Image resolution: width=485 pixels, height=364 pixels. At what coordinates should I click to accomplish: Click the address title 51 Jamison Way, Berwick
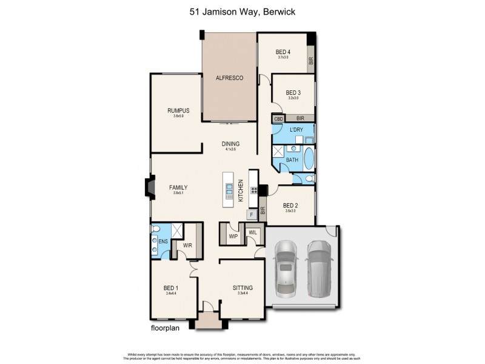click(242, 10)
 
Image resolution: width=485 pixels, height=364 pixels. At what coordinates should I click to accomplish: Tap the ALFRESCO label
click(230, 78)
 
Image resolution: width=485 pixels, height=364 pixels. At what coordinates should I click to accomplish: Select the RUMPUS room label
click(178, 110)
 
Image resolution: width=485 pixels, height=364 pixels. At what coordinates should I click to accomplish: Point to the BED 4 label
click(283, 52)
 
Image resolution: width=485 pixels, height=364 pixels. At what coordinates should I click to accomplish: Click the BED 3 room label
click(293, 93)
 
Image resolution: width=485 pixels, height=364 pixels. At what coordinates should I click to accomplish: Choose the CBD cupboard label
click(278, 119)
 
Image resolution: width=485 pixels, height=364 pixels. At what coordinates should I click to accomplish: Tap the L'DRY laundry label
click(296, 130)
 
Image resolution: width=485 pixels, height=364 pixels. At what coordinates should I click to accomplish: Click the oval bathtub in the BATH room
click(308, 159)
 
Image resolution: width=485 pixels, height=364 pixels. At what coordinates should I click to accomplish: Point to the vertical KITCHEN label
click(241, 190)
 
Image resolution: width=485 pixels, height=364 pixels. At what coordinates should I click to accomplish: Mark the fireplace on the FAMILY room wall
click(148, 188)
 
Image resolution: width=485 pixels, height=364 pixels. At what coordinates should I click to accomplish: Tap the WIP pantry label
click(233, 236)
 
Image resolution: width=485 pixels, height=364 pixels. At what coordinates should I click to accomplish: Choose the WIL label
click(253, 232)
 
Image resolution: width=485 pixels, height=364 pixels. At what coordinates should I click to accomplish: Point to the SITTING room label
click(242, 288)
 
